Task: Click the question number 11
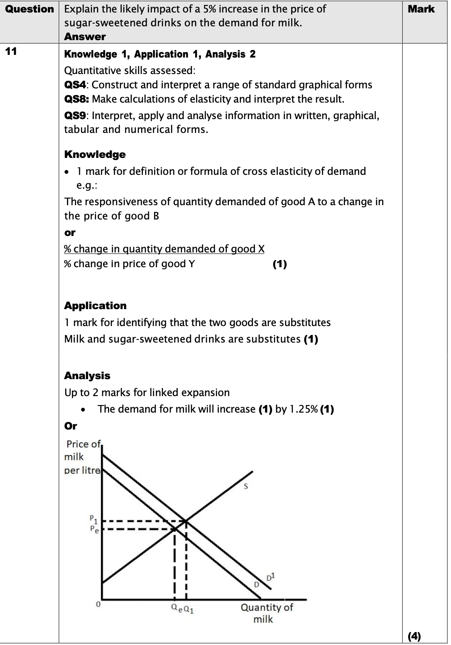[x=11, y=51]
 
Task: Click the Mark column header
[x=421, y=9]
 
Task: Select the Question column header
[x=29, y=9]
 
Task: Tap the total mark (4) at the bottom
[x=414, y=636]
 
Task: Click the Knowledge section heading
[x=95, y=154]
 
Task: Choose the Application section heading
[x=95, y=306]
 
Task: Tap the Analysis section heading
[x=87, y=376]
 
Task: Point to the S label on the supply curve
[x=245, y=487]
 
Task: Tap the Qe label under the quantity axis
[x=177, y=608]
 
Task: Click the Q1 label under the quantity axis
[x=188, y=608]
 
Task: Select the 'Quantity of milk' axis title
[x=267, y=613]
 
